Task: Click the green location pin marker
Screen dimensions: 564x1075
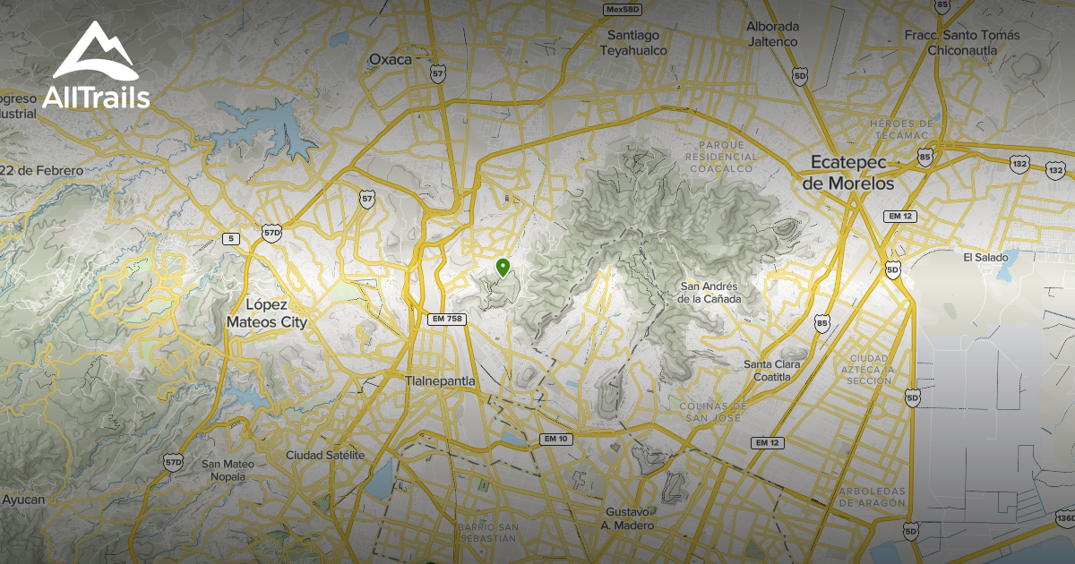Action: point(503,267)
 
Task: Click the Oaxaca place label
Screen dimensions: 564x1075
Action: point(391,60)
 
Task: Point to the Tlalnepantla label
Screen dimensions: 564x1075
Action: point(440,381)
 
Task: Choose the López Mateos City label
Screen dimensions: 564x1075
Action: point(267,313)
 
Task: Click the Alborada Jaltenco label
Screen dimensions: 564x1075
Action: point(771,34)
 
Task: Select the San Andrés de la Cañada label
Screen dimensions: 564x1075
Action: point(709,293)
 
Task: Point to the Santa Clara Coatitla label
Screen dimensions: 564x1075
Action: point(771,371)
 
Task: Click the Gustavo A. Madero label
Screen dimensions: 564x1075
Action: point(630,518)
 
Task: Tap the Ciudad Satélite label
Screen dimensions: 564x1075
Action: point(326,456)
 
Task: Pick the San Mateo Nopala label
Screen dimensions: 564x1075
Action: point(228,470)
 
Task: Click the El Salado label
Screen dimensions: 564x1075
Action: point(985,258)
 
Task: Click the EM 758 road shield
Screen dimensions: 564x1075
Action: point(447,319)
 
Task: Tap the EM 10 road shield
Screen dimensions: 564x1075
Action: point(555,439)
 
